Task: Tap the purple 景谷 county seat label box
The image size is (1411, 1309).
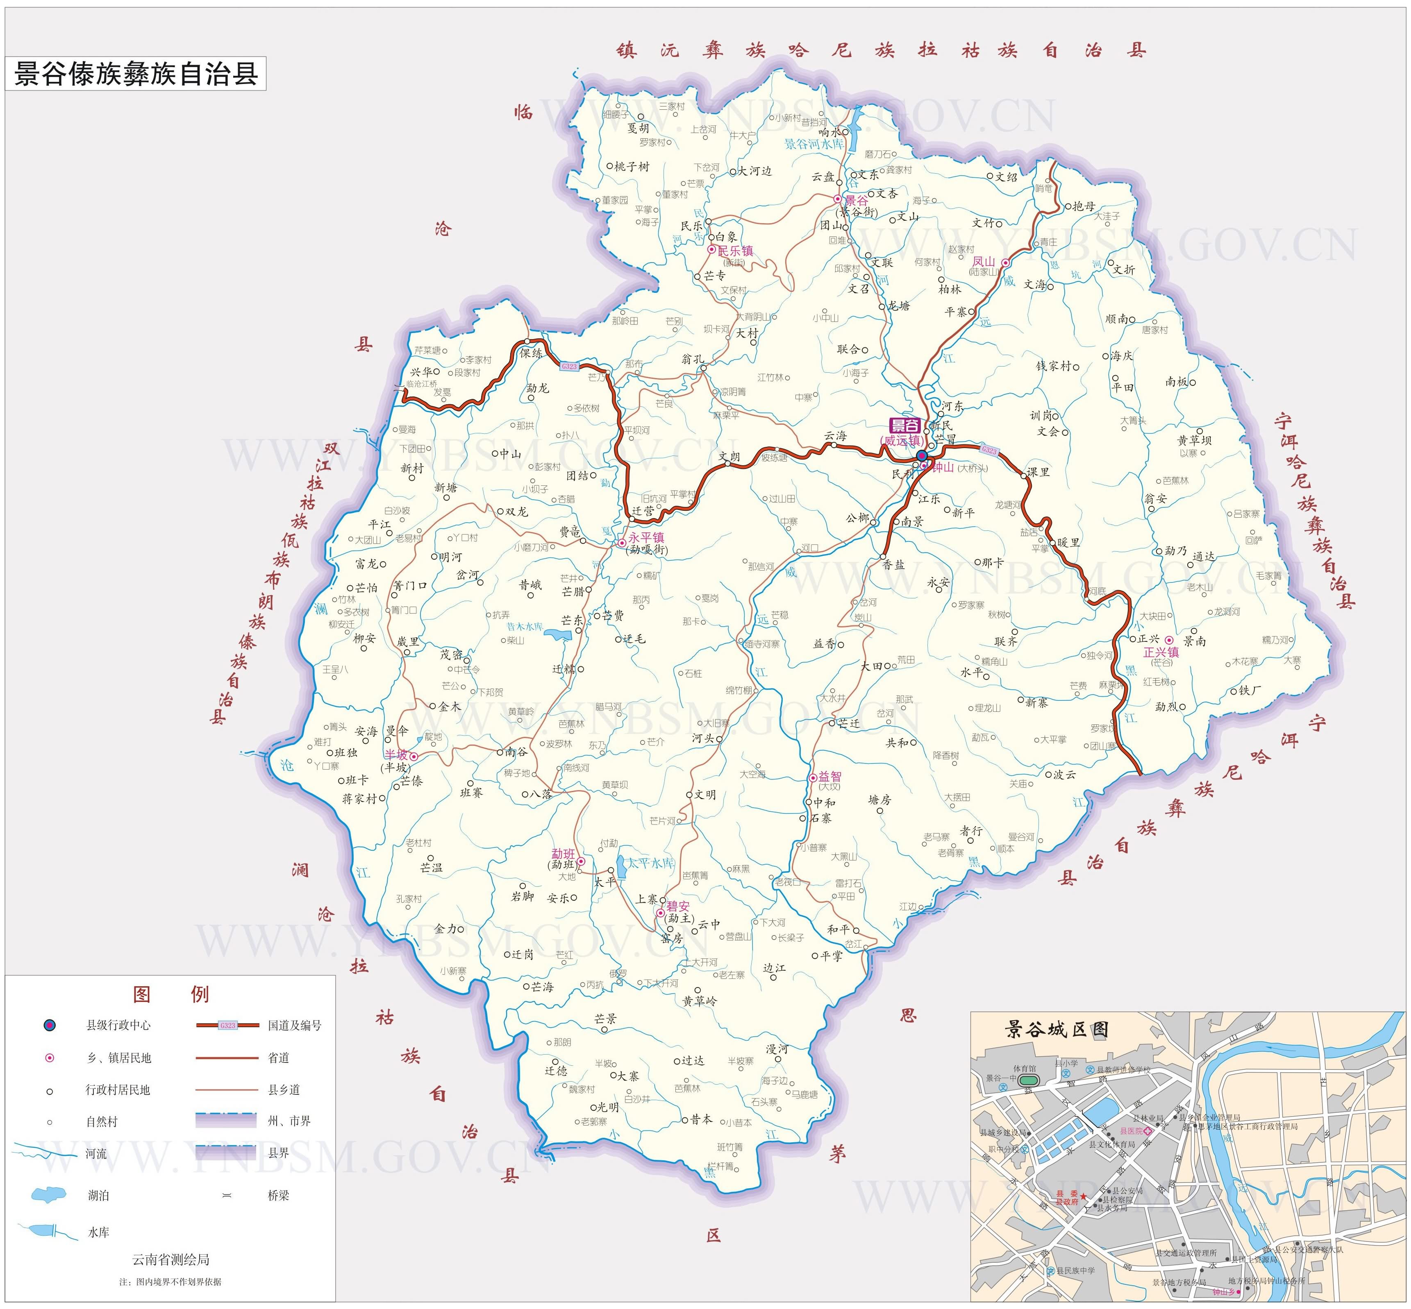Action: coord(904,426)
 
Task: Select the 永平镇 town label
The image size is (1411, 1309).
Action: coord(645,538)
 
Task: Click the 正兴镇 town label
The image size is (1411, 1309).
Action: coord(1161,652)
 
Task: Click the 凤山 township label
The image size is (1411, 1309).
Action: coord(983,261)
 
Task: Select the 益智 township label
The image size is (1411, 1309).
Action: coord(830,776)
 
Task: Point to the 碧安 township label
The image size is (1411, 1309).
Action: coord(677,906)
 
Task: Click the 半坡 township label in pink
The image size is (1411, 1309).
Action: coord(396,755)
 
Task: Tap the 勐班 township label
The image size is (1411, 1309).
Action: coord(563,854)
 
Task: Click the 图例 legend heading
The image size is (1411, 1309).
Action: coord(171,994)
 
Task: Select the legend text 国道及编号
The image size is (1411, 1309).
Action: coord(294,1025)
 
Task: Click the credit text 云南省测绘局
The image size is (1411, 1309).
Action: coord(171,1259)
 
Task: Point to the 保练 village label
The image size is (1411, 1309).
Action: coord(532,353)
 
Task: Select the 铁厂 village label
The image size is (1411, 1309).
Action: coord(1250,690)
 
